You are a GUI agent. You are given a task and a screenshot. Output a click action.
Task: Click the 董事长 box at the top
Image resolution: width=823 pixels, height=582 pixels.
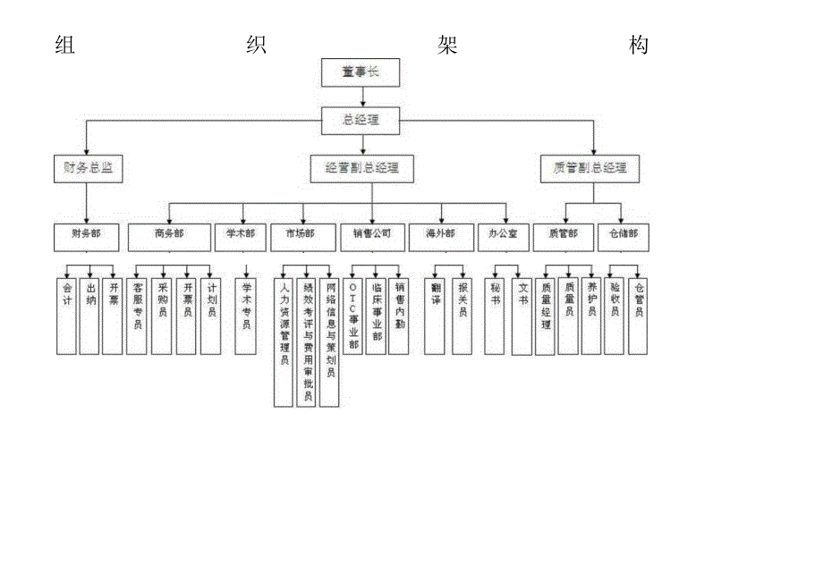tap(361, 72)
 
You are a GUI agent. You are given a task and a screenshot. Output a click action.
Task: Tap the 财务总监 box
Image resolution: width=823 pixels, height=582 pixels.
tap(88, 167)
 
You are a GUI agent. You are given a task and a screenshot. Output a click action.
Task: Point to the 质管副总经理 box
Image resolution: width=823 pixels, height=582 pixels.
tap(590, 167)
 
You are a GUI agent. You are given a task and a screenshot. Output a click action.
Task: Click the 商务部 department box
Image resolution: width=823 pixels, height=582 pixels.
tap(168, 235)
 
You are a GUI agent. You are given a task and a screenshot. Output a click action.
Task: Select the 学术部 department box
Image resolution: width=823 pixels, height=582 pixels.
tap(240, 235)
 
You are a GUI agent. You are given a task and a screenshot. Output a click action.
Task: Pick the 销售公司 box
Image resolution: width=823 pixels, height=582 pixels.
tap(371, 235)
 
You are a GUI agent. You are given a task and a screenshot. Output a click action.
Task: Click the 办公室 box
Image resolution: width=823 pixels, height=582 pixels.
tap(502, 235)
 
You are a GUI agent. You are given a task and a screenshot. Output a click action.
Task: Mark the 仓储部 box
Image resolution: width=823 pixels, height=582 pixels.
tap(624, 235)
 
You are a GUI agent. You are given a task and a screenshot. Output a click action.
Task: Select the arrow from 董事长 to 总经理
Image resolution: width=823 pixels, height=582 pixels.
tap(361, 97)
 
